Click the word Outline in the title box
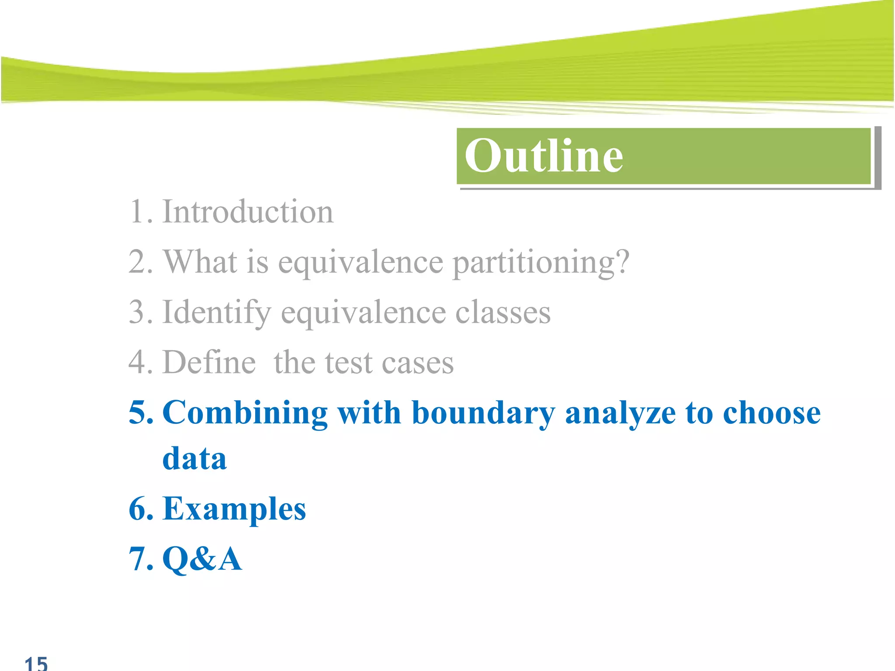tap(543, 156)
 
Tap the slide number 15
tap(36, 663)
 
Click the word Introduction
tap(248, 212)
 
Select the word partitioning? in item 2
tap(541, 262)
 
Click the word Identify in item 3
tap(217, 313)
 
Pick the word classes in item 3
tap(503, 313)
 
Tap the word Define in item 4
tap(209, 363)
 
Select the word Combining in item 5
tap(245, 413)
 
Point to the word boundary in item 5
tap(483, 413)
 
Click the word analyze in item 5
tap(620, 413)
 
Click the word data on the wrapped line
tap(194, 459)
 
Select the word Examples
tap(234, 509)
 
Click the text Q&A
tap(202, 559)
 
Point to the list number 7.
tap(140, 559)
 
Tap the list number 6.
tap(140, 509)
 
